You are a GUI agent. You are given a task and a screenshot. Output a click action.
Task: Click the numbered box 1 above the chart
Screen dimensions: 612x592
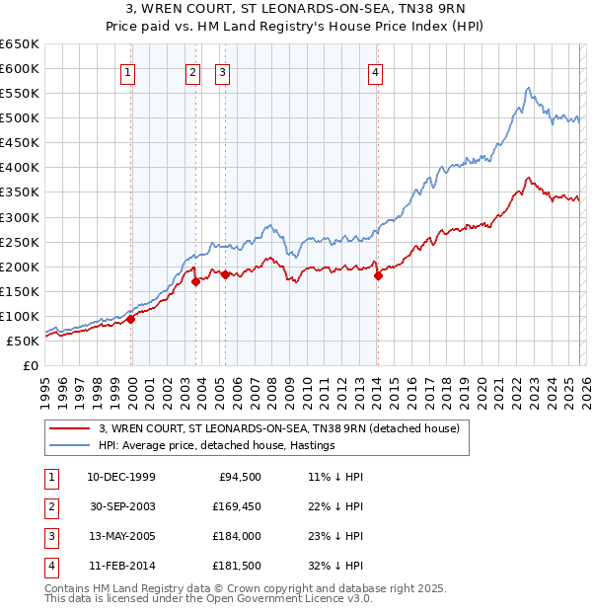coord(129,71)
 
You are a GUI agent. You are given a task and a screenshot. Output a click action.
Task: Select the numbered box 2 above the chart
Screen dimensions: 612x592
coord(191,71)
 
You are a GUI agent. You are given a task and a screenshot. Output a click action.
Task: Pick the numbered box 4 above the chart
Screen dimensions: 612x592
coord(376,71)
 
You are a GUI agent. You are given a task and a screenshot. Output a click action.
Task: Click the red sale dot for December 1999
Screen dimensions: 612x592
coord(131,319)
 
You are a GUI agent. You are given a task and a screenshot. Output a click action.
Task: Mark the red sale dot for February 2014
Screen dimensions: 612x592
coord(378,275)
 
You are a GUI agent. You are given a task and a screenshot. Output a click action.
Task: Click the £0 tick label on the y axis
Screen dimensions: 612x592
coord(31,365)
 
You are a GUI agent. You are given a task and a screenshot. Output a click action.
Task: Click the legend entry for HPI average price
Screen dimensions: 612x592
coord(217,445)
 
